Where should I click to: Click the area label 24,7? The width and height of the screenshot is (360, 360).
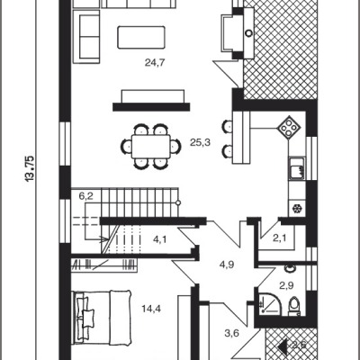(x=155, y=63)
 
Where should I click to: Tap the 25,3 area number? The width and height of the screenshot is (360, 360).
(x=200, y=142)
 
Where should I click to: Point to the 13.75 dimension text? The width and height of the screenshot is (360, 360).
(x=31, y=168)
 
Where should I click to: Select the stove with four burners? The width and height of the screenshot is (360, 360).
(x=289, y=128)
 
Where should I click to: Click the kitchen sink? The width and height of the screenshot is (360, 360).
(x=297, y=168)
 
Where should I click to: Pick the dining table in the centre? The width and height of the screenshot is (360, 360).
(x=151, y=147)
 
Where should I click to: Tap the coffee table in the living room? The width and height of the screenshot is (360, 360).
(x=141, y=38)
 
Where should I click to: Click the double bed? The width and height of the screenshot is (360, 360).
(x=103, y=318)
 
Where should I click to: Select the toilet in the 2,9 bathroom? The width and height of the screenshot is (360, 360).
(x=294, y=306)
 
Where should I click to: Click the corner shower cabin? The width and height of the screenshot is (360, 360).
(x=268, y=304)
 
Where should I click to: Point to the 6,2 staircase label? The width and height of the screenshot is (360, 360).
(x=86, y=197)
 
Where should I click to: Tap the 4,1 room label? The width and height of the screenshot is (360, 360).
(x=160, y=239)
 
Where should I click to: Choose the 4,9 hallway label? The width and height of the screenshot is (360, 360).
(x=227, y=265)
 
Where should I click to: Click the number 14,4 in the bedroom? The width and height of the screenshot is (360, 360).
(x=151, y=309)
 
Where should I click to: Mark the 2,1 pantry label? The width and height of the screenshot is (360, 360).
(x=279, y=238)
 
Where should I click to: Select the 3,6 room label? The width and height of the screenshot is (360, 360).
(x=232, y=333)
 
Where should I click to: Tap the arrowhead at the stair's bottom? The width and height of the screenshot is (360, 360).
(x=104, y=239)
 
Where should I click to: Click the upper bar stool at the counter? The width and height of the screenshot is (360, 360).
(x=227, y=126)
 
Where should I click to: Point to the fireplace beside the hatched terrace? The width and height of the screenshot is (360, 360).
(x=238, y=33)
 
